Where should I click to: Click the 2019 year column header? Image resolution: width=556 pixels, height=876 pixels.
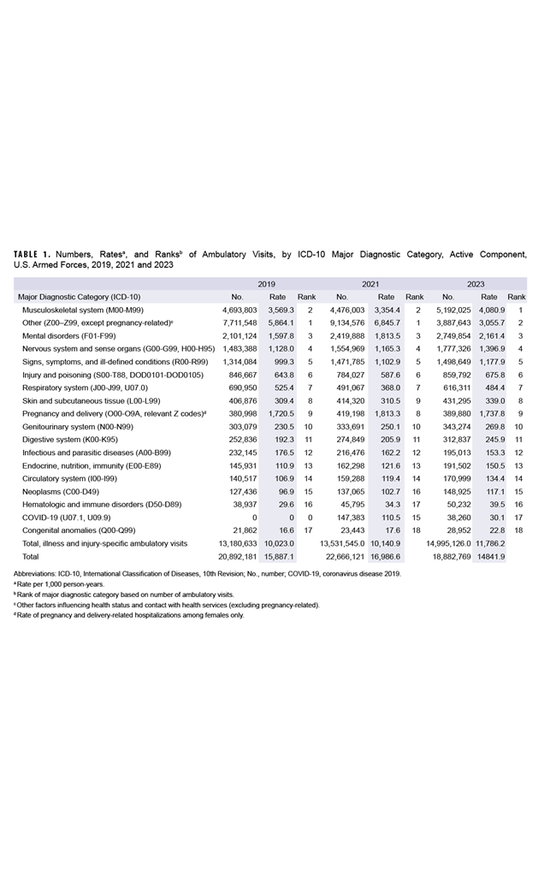coord(266,283)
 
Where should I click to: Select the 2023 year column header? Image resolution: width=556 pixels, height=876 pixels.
coord(476,283)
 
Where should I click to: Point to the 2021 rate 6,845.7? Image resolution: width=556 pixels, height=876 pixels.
coord(387,323)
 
